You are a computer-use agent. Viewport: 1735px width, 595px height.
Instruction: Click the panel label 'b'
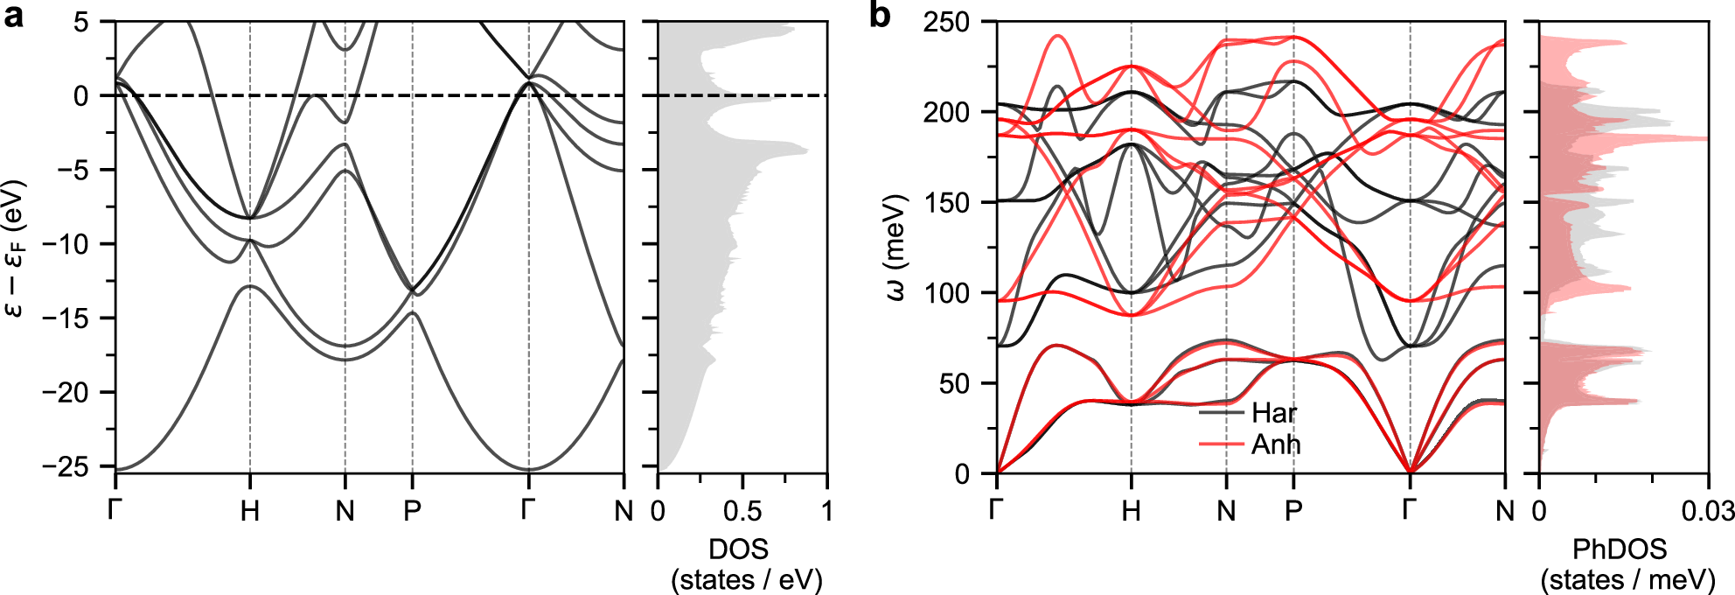[x=880, y=16]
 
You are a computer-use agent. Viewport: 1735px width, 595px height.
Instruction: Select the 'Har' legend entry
[x=1273, y=413]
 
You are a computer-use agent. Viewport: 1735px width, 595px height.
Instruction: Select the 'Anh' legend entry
[x=1275, y=444]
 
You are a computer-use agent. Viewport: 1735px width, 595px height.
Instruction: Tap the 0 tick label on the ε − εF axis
[x=81, y=95]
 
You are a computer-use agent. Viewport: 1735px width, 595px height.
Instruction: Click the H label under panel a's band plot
[x=250, y=511]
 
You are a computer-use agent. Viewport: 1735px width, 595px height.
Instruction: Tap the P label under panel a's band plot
[x=412, y=511]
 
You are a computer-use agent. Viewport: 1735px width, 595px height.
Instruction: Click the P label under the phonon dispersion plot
[x=1293, y=511]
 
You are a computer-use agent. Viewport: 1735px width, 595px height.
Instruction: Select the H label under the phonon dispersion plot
[x=1131, y=511]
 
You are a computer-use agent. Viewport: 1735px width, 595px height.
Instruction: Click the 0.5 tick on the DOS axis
[x=742, y=511]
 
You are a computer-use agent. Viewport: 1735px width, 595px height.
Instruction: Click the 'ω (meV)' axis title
[x=896, y=248]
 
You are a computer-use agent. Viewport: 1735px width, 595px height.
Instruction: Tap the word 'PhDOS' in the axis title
[x=1619, y=549]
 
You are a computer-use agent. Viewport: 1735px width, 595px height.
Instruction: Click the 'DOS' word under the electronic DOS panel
[x=738, y=549]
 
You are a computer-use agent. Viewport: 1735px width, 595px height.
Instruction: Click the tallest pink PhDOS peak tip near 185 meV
[x=1705, y=138]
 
